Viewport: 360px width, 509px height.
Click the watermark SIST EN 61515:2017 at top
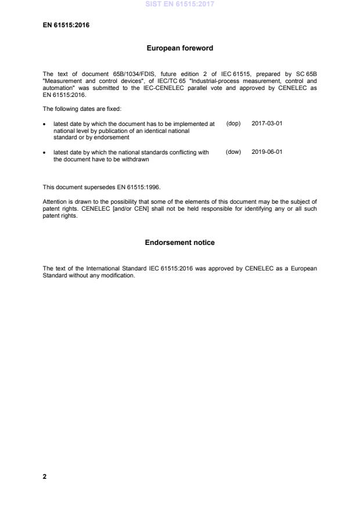(x=179, y=3)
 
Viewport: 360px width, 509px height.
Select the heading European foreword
(x=179, y=49)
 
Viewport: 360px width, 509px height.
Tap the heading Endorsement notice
(x=179, y=243)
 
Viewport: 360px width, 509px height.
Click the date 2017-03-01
(x=267, y=124)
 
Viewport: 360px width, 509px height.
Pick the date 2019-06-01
(x=267, y=152)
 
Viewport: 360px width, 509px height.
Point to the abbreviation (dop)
(x=233, y=124)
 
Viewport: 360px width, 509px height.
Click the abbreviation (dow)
(x=233, y=152)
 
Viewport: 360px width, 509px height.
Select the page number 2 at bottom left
(x=45, y=476)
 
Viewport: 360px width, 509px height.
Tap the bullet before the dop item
(x=45, y=124)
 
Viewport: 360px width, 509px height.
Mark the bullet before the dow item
(x=45, y=153)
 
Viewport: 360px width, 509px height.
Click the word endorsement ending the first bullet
(x=99, y=137)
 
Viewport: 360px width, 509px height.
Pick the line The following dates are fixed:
(x=82, y=110)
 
